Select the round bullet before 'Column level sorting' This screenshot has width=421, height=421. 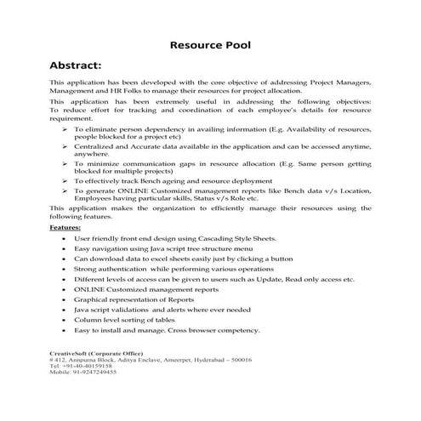pos(65,320)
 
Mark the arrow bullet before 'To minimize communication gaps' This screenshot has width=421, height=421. pos(66,162)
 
